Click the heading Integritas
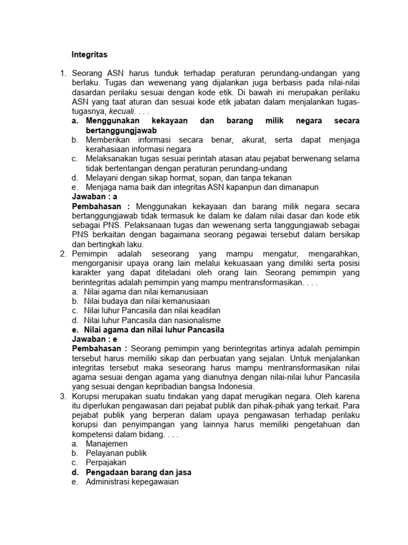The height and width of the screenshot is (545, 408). click(89, 54)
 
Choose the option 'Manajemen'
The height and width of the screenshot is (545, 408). click(106, 443)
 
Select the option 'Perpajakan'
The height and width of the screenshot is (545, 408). click(105, 463)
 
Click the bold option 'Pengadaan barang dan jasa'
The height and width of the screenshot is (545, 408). click(138, 472)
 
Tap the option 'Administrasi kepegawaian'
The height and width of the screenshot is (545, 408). click(131, 482)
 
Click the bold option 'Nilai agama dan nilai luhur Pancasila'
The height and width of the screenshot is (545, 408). click(154, 329)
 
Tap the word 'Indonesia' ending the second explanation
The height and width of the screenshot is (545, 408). click(237, 386)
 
